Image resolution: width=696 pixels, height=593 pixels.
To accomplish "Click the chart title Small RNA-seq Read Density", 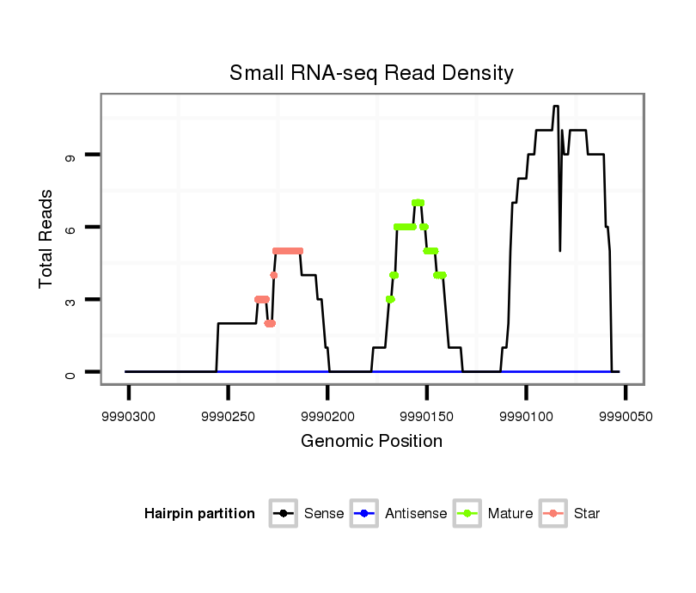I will click(371, 73).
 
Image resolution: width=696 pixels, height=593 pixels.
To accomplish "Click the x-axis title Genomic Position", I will click(371, 442).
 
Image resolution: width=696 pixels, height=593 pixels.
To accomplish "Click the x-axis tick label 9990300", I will click(129, 415).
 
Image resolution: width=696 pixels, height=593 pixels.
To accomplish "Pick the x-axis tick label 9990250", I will click(228, 415).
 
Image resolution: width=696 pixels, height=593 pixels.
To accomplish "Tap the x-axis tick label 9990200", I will click(327, 415).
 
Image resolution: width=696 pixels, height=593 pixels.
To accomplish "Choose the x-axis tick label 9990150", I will click(427, 415).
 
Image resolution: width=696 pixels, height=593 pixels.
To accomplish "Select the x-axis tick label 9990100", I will click(526, 415).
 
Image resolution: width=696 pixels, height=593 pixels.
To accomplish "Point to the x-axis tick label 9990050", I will click(625, 415).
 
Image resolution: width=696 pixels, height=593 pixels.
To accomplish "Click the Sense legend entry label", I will click(324, 514).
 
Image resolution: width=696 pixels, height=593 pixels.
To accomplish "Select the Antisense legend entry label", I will click(416, 514).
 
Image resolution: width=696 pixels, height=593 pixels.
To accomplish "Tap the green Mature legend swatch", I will click(469, 514).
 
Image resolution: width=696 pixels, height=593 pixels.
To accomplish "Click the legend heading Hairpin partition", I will click(199, 514).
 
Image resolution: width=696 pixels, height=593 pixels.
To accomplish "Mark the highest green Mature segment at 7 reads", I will click(418, 203).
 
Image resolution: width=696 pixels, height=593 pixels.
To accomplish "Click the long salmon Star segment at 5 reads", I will click(288, 251).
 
